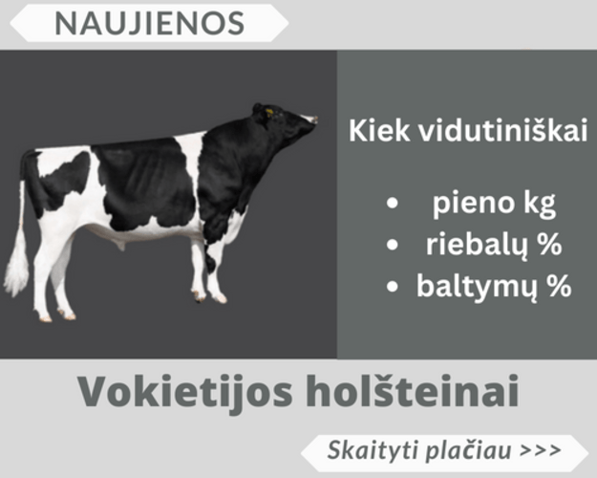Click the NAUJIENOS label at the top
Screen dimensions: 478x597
coord(150,22)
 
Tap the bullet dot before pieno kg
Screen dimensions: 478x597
coord(392,205)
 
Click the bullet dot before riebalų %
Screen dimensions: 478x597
coord(392,246)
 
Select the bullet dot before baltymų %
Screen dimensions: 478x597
coord(392,286)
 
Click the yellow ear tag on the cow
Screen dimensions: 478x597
coord(268,114)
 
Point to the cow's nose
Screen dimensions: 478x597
coord(312,119)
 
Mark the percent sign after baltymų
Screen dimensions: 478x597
coord(558,285)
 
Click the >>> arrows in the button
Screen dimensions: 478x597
coord(541,449)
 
